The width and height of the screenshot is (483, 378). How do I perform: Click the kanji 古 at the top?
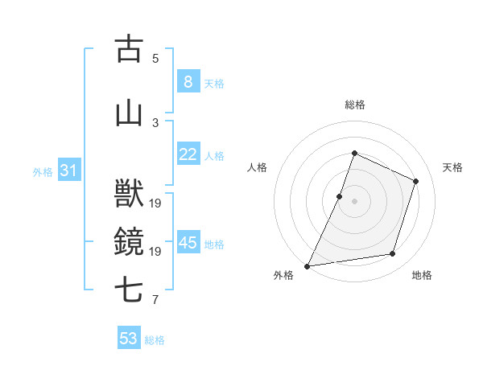point(130,49)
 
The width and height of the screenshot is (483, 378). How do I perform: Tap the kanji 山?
point(130,113)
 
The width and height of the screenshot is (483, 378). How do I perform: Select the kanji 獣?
point(130,194)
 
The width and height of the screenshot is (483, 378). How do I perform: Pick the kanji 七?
point(130,289)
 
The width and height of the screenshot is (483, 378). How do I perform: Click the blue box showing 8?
point(188,82)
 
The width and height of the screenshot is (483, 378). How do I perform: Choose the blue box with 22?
point(188,154)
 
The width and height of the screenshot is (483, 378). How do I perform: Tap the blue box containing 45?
point(188,243)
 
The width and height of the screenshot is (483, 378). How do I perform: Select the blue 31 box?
point(68,171)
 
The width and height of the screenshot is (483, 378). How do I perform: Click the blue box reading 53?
point(128,339)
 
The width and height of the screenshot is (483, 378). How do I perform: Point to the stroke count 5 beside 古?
point(155,58)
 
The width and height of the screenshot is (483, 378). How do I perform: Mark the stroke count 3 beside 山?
point(155,122)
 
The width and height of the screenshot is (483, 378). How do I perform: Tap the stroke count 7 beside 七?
point(155,300)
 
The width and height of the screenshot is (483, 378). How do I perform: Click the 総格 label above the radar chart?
point(354,105)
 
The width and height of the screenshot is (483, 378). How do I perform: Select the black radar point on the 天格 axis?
point(416,181)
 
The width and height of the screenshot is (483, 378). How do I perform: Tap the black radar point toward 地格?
point(393,254)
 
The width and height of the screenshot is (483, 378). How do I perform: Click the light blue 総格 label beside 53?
point(155,340)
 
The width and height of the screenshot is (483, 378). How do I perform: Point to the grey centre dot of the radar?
point(354,201)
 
